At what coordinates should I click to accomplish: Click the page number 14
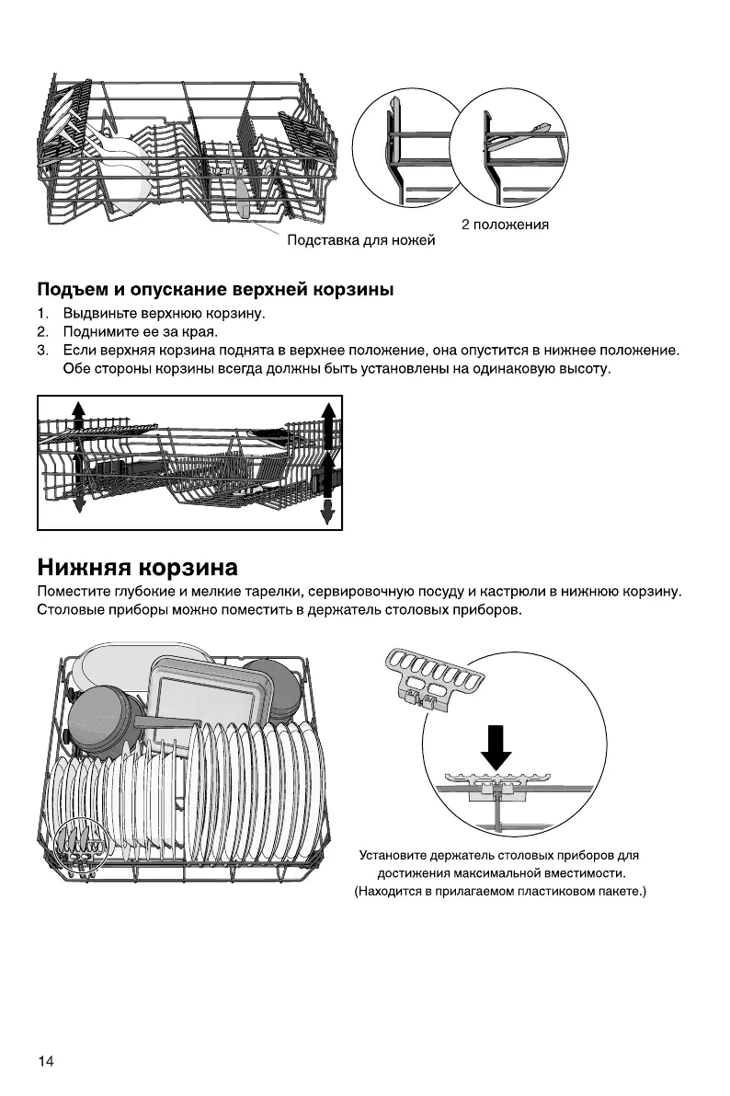click(x=46, y=1062)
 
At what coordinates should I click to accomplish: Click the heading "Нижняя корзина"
click(x=137, y=565)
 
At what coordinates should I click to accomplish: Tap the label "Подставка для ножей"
click(x=360, y=241)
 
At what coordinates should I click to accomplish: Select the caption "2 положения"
click(x=505, y=225)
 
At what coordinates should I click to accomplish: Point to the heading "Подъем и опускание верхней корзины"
click(x=215, y=290)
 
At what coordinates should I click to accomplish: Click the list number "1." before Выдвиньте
click(x=42, y=314)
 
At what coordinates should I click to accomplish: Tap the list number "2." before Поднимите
click(x=42, y=331)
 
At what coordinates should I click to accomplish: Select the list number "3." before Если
click(x=42, y=351)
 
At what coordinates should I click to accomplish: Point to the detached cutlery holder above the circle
click(x=430, y=677)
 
